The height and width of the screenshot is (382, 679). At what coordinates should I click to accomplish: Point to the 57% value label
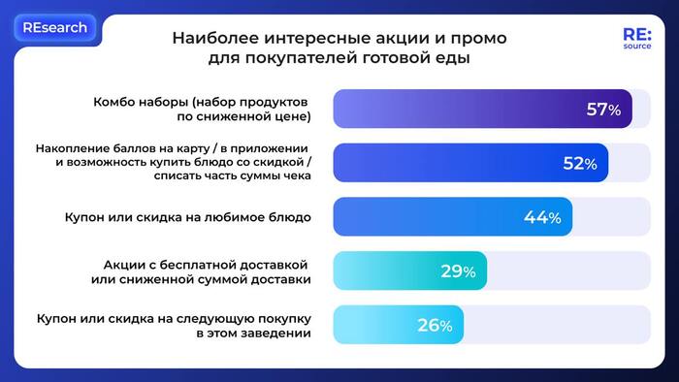[x=603, y=110]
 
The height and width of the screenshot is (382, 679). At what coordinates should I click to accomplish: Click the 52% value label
[x=579, y=164]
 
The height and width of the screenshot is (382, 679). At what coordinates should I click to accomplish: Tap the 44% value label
[x=542, y=218]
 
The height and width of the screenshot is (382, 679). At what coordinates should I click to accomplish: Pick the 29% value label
[x=458, y=271]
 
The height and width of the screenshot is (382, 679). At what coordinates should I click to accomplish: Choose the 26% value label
[x=435, y=326]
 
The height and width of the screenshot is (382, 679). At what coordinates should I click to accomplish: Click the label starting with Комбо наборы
[x=202, y=110]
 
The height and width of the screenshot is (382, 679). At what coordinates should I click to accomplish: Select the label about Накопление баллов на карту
[x=172, y=163]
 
